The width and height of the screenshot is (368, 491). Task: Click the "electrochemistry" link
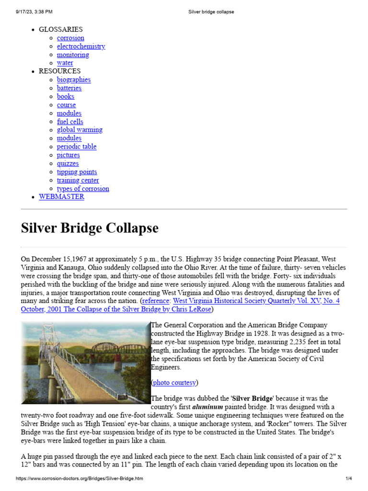(80, 47)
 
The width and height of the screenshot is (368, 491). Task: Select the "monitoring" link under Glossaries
(73, 55)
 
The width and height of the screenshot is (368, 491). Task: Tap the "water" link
(65, 63)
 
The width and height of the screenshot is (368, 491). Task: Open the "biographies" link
(73, 80)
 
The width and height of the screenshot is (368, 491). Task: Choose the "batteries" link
(69, 88)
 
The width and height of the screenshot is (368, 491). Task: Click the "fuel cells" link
(70, 122)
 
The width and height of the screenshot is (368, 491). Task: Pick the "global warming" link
(80, 130)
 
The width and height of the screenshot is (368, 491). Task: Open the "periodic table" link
(76, 147)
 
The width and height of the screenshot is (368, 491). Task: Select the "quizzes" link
(68, 164)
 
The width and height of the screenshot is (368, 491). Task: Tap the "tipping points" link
(77, 172)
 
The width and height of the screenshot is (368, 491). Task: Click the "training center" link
(78, 180)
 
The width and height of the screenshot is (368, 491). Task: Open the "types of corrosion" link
(83, 189)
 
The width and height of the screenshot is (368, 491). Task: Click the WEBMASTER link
(61, 197)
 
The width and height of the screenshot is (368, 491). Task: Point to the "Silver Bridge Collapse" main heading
(90, 228)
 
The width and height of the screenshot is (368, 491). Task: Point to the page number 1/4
(348, 479)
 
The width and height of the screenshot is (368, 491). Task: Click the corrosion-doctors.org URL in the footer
(79, 479)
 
